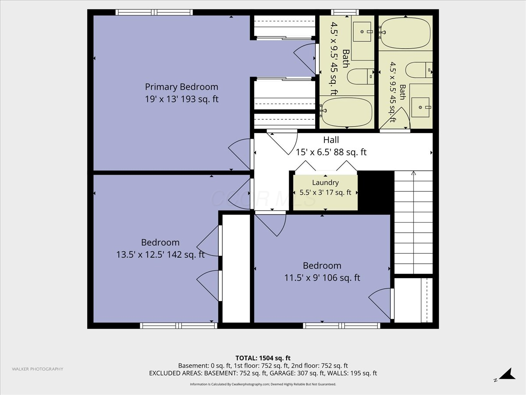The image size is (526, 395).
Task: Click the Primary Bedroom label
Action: coord(181,87)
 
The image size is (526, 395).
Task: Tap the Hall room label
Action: coord(331,140)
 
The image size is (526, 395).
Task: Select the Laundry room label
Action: coord(325,183)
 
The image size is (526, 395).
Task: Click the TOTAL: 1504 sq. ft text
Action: coord(263,358)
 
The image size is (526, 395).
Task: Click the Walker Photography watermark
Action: coord(38,369)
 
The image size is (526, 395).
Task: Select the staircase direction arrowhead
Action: coord(413,173)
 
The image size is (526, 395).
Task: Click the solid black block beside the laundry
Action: coord(376,190)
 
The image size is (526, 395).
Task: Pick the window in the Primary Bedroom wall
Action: coord(154,12)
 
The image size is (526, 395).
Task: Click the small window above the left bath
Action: coord(345,12)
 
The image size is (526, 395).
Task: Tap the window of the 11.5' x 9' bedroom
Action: coord(341,326)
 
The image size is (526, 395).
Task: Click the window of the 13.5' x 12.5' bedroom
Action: coord(178,326)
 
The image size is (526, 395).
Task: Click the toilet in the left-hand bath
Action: coord(360,76)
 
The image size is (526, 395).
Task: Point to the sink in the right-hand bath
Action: coord(420,107)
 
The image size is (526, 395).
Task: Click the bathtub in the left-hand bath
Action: coord(347,112)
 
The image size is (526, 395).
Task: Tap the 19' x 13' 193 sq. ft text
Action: coord(181,99)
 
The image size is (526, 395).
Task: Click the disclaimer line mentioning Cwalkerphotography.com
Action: coord(263,384)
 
